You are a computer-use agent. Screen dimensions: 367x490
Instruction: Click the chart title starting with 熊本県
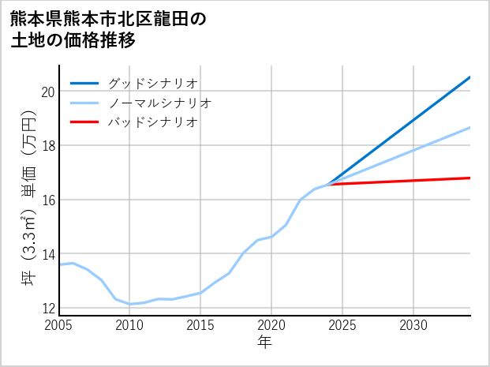[x=109, y=30]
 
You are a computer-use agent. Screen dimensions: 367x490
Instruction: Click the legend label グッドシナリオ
[x=152, y=83]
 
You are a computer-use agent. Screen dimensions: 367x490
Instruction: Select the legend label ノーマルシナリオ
[x=159, y=103]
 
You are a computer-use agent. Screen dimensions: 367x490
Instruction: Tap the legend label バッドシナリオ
[x=152, y=122]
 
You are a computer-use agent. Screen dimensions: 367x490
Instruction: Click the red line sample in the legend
[x=84, y=122]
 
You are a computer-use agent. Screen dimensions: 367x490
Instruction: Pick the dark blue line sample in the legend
[x=84, y=83]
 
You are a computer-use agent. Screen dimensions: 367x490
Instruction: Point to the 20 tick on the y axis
[x=47, y=92]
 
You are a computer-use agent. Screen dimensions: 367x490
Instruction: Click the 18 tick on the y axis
[x=47, y=146]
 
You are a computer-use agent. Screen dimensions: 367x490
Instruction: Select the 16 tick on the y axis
[x=47, y=200]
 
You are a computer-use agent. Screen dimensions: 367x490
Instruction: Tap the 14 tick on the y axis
[x=47, y=254]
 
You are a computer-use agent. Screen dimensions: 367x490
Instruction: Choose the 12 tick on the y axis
[x=47, y=308]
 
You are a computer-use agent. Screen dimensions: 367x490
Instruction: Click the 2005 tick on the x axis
[x=59, y=325]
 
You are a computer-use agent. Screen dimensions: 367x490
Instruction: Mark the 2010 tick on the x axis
[x=129, y=325]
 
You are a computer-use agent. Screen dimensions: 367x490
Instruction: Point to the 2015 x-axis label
[x=200, y=325]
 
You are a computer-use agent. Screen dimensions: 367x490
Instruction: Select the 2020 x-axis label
[x=271, y=325]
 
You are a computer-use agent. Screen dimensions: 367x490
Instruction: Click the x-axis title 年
[x=265, y=343]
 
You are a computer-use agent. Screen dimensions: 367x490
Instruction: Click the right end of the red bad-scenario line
[x=469, y=178]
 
